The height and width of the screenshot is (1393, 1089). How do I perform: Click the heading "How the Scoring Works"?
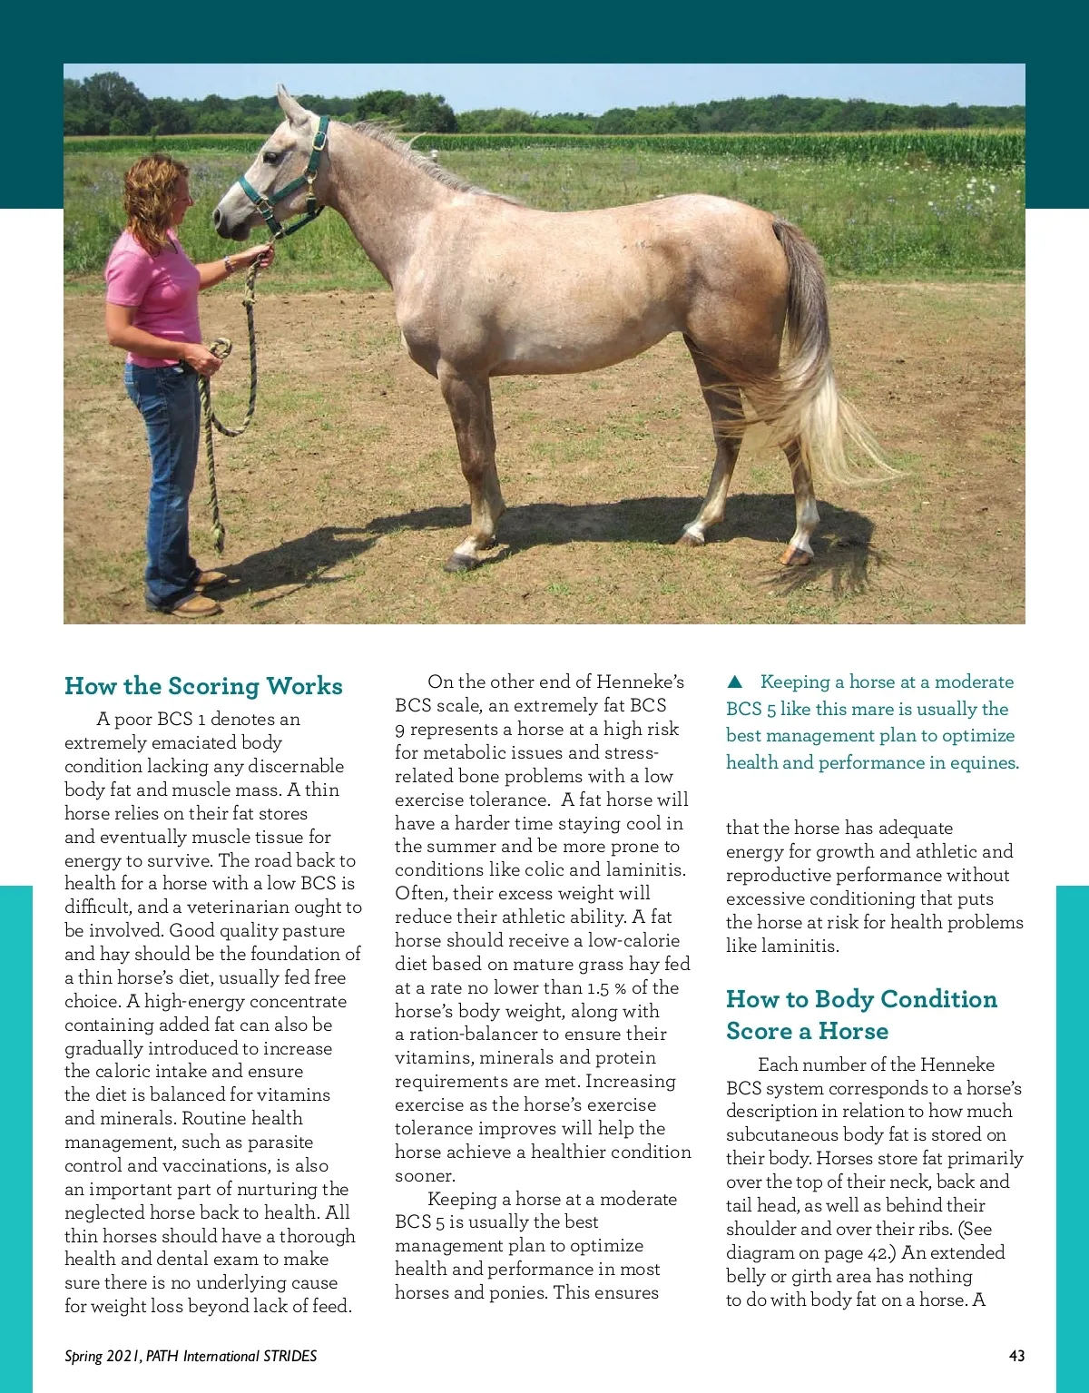pos(203,686)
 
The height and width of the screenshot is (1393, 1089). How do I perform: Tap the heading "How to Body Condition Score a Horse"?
pos(860,1015)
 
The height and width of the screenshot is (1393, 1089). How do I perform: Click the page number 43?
pos(1016,1356)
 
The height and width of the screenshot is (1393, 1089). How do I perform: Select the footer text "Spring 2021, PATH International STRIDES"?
pos(191,1356)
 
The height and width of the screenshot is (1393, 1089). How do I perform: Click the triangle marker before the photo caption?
pos(735,682)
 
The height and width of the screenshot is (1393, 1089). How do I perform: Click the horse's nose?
pos(221,218)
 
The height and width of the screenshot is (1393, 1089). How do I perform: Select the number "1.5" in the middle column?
pos(598,988)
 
